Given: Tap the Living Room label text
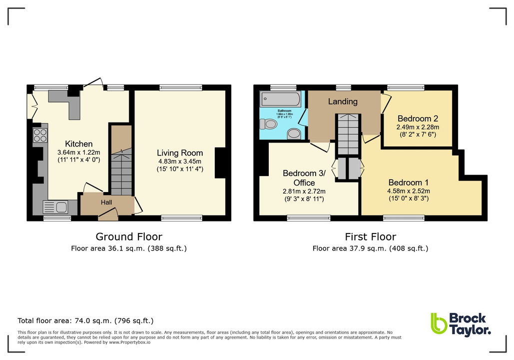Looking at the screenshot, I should [x=180, y=153].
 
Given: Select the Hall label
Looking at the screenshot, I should [x=106, y=202].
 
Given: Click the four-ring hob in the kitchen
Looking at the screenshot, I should [x=40, y=135].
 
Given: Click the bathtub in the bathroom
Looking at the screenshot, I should [x=281, y=99].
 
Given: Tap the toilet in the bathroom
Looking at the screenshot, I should [x=269, y=124].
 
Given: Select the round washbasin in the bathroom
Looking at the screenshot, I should [x=294, y=134].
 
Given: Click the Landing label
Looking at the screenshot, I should [x=343, y=101].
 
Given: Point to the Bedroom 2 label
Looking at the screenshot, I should [x=418, y=118].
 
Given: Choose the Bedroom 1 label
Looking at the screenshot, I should [x=408, y=182].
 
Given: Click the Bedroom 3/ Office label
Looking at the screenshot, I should [x=304, y=178].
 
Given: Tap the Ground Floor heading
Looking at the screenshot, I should [x=129, y=237].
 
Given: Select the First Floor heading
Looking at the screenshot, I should [x=370, y=237].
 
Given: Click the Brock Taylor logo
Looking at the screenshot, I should [x=461, y=324].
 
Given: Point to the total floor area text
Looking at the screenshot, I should [x=85, y=321].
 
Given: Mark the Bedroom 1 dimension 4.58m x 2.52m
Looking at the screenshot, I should [x=408, y=190].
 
